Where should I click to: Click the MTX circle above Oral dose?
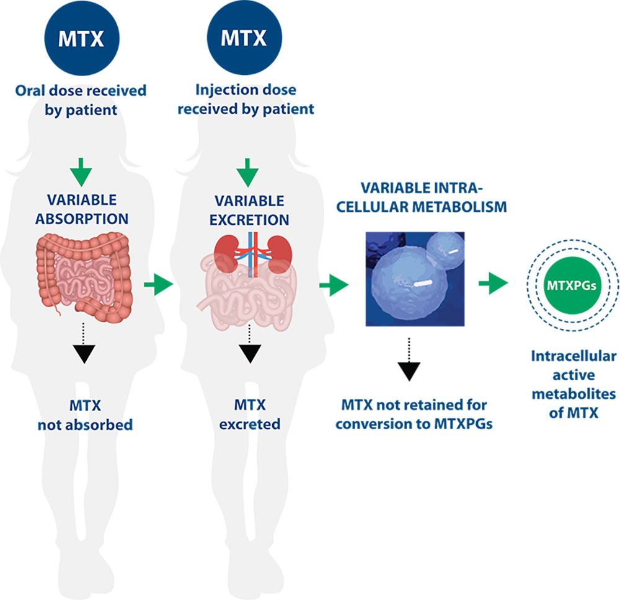[x=82, y=38]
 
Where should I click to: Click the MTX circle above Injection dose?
[x=244, y=38]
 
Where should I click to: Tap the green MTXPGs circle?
[x=572, y=285]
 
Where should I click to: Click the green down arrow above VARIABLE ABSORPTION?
[x=81, y=172]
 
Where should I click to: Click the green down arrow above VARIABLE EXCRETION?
[x=247, y=172]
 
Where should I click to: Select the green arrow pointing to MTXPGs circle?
[x=494, y=283]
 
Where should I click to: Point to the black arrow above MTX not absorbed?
[x=84, y=343]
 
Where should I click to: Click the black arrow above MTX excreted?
[x=250, y=344]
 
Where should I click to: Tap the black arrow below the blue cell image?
[x=409, y=360]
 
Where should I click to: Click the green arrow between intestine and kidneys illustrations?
[x=159, y=284]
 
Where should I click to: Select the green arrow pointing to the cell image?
[x=334, y=285]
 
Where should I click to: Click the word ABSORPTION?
[x=82, y=219]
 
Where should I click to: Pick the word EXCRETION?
[x=249, y=220]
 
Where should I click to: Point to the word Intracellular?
[x=573, y=356]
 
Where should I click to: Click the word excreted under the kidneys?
[x=250, y=424]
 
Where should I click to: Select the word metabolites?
[x=573, y=394]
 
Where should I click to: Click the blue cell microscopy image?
[x=415, y=279]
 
